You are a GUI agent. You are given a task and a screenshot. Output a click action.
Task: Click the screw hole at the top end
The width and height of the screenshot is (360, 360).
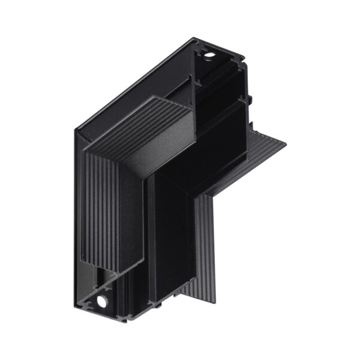coord(209,56)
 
